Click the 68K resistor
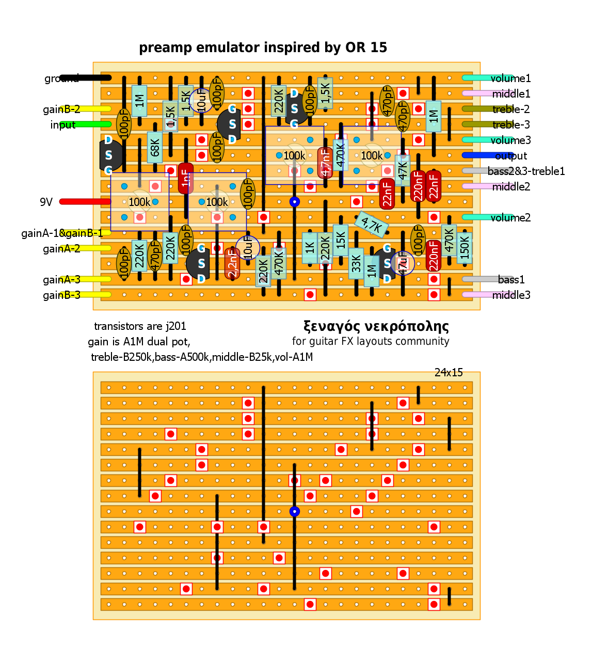155,147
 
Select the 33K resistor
356,263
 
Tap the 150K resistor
465,248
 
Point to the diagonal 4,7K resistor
372,224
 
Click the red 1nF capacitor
186,178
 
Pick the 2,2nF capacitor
232,263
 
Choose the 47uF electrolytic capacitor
403,263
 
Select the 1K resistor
310,248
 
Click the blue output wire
480,155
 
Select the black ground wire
85,78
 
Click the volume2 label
510,218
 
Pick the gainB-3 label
61,295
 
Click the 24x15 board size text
449,373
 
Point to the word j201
176,326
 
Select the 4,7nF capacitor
325,162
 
